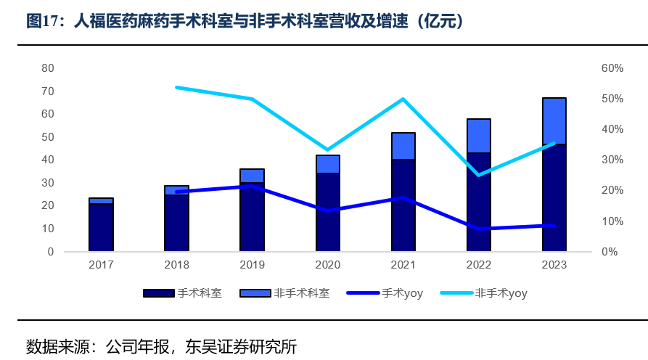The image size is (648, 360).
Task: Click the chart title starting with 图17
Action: pyautogui.click(x=245, y=22)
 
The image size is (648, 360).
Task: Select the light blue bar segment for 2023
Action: pyautogui.click(x=554, y=121)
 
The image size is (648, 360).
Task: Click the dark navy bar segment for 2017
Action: pyautogui.click(x=101, y=227)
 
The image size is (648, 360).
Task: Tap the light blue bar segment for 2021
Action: pyautogui.click(x=403, y=146)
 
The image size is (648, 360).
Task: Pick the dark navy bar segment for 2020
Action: pyautogui.click(x=328, y=212)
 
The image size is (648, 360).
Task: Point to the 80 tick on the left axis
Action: pyautogui.click(x=48, y=68)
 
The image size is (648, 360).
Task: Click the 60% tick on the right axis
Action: pyautogui.click(x=612, y=68)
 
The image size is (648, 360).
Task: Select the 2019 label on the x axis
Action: pyautogui.click(x=252, y=265)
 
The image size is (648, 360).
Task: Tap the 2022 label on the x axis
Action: pyautogui.click(x=479, y=265)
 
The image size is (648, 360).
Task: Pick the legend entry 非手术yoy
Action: pyautogui.click(x=501, y=293)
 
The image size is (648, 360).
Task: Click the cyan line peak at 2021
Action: pyautogui.click(x=403, y=99)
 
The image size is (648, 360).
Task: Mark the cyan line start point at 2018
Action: pyautogui.click(x=177, y=87)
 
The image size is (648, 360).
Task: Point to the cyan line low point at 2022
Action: pyautogui.click(x=479, y=175)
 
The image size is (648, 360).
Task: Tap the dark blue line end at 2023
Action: pyautogui.click(x=554, y=225)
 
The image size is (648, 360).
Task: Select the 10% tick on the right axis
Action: pyautogui.click(x=612, y=221)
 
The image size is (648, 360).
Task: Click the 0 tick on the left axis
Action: pyautogui.click(x=51, y=252)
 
